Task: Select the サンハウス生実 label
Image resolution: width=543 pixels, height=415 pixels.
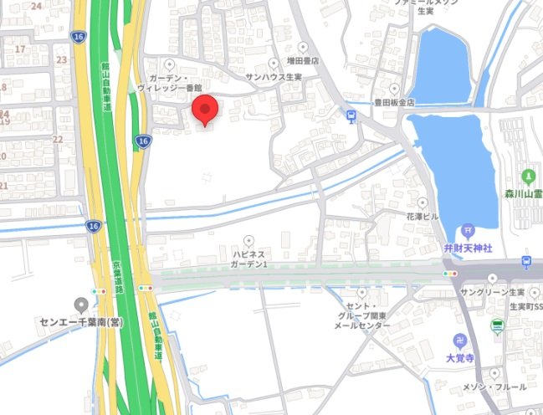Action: [x=274, y=78]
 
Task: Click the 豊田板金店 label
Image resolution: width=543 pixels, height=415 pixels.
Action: [x=395, y=101]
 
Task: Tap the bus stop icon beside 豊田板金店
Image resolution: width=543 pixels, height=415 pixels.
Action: [x=351, y=116]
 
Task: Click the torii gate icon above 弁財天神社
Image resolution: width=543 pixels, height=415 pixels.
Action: [x=468, y=231]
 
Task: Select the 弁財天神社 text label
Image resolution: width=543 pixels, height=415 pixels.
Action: [x=468, y=248]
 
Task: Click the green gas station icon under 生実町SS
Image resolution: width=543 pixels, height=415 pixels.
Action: [x=497, y=326]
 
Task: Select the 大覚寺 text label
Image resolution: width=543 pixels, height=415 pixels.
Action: [x=460, y=358]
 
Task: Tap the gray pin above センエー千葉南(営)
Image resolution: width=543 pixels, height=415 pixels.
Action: [x=81, y=305]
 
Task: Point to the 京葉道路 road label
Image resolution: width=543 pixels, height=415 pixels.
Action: [x=117, y=275]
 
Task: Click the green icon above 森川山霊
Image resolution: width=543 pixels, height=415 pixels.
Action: [x=528, y=176]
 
